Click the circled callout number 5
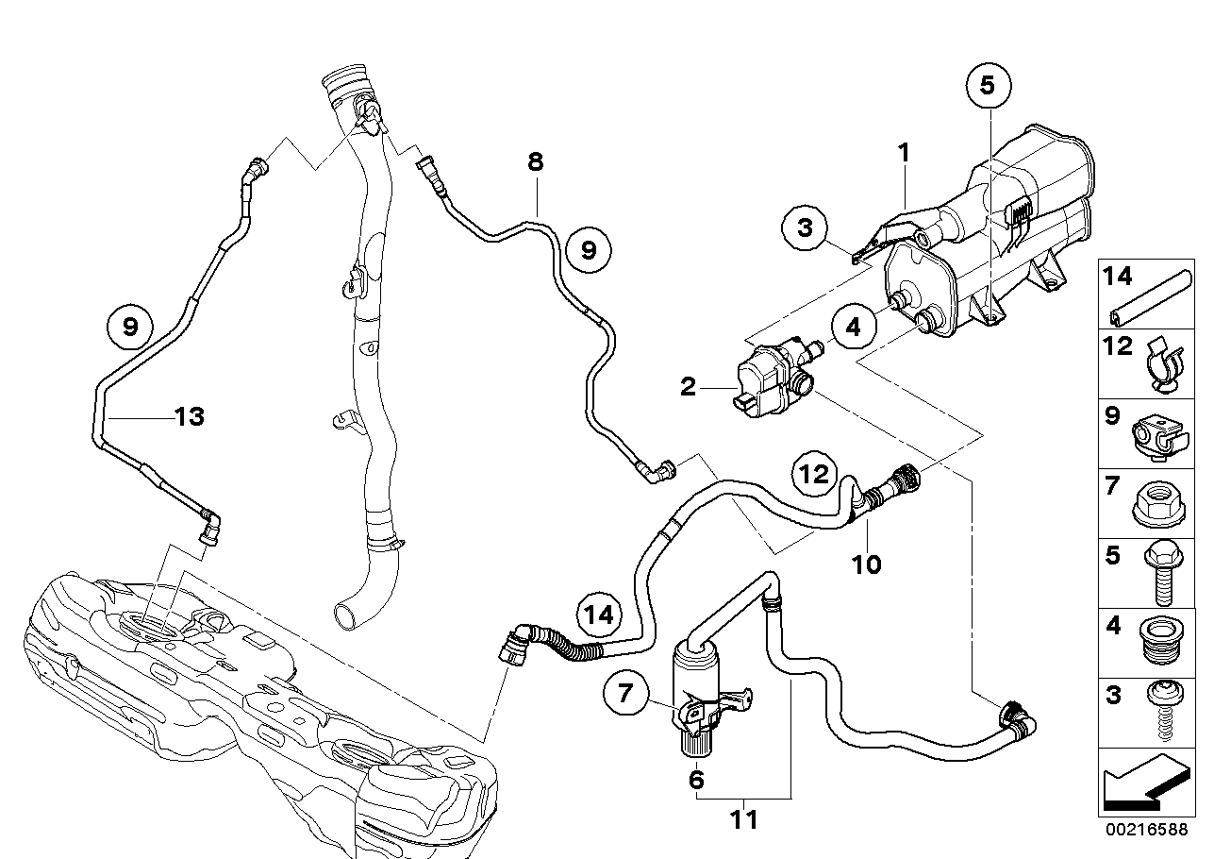[989, 86]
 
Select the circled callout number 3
[805, 227]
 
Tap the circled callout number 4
[854, 327]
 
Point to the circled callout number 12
[815, 474]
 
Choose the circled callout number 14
[599, 615]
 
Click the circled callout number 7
[625, 693]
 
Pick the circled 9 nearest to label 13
[130, 327]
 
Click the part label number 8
[535, 161]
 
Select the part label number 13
[190, 417]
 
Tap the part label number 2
[688, 387]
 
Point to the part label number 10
[867, 565]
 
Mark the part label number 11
[744, 819]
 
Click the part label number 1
[904, 153]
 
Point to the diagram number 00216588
[1147, 831]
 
